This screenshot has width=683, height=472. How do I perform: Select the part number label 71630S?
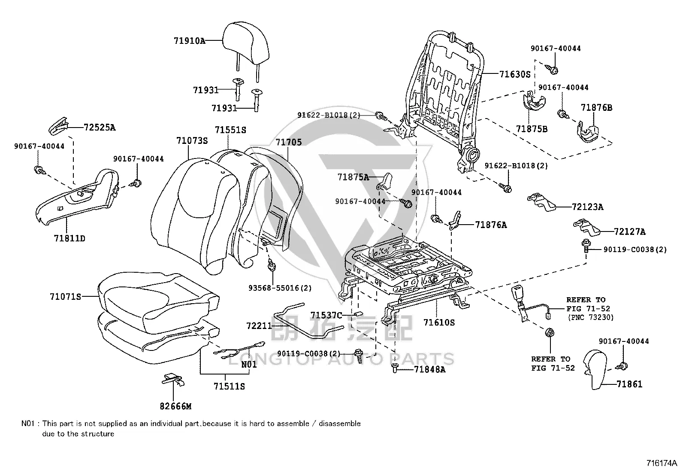pos(515,74)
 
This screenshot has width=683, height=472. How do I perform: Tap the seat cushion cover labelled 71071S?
pos(159,302)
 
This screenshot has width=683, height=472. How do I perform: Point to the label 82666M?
pos(175,406)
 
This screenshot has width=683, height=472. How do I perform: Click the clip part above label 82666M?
pos(172,380)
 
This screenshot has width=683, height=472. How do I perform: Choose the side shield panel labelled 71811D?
pos(78,198)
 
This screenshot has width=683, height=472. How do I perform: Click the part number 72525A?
pos(100,127)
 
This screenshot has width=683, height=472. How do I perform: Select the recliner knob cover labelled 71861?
pos(595,369)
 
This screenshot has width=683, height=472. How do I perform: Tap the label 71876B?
pos(596,107)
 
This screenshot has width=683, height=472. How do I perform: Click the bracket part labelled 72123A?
pos(541,202)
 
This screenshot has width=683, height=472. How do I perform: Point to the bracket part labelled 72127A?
pos(586,227)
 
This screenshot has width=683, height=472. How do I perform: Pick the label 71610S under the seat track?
pos(439,323)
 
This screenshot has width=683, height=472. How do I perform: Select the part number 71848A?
pos(429,369)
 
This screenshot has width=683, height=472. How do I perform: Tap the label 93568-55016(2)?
pos(280,288)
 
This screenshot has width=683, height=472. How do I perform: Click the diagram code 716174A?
pos(662,463)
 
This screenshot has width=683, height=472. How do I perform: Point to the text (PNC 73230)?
pos(591,317)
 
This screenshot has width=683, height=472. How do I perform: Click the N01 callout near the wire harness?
pos(249,365)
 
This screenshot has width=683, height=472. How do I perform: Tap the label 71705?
pos(288,142)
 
